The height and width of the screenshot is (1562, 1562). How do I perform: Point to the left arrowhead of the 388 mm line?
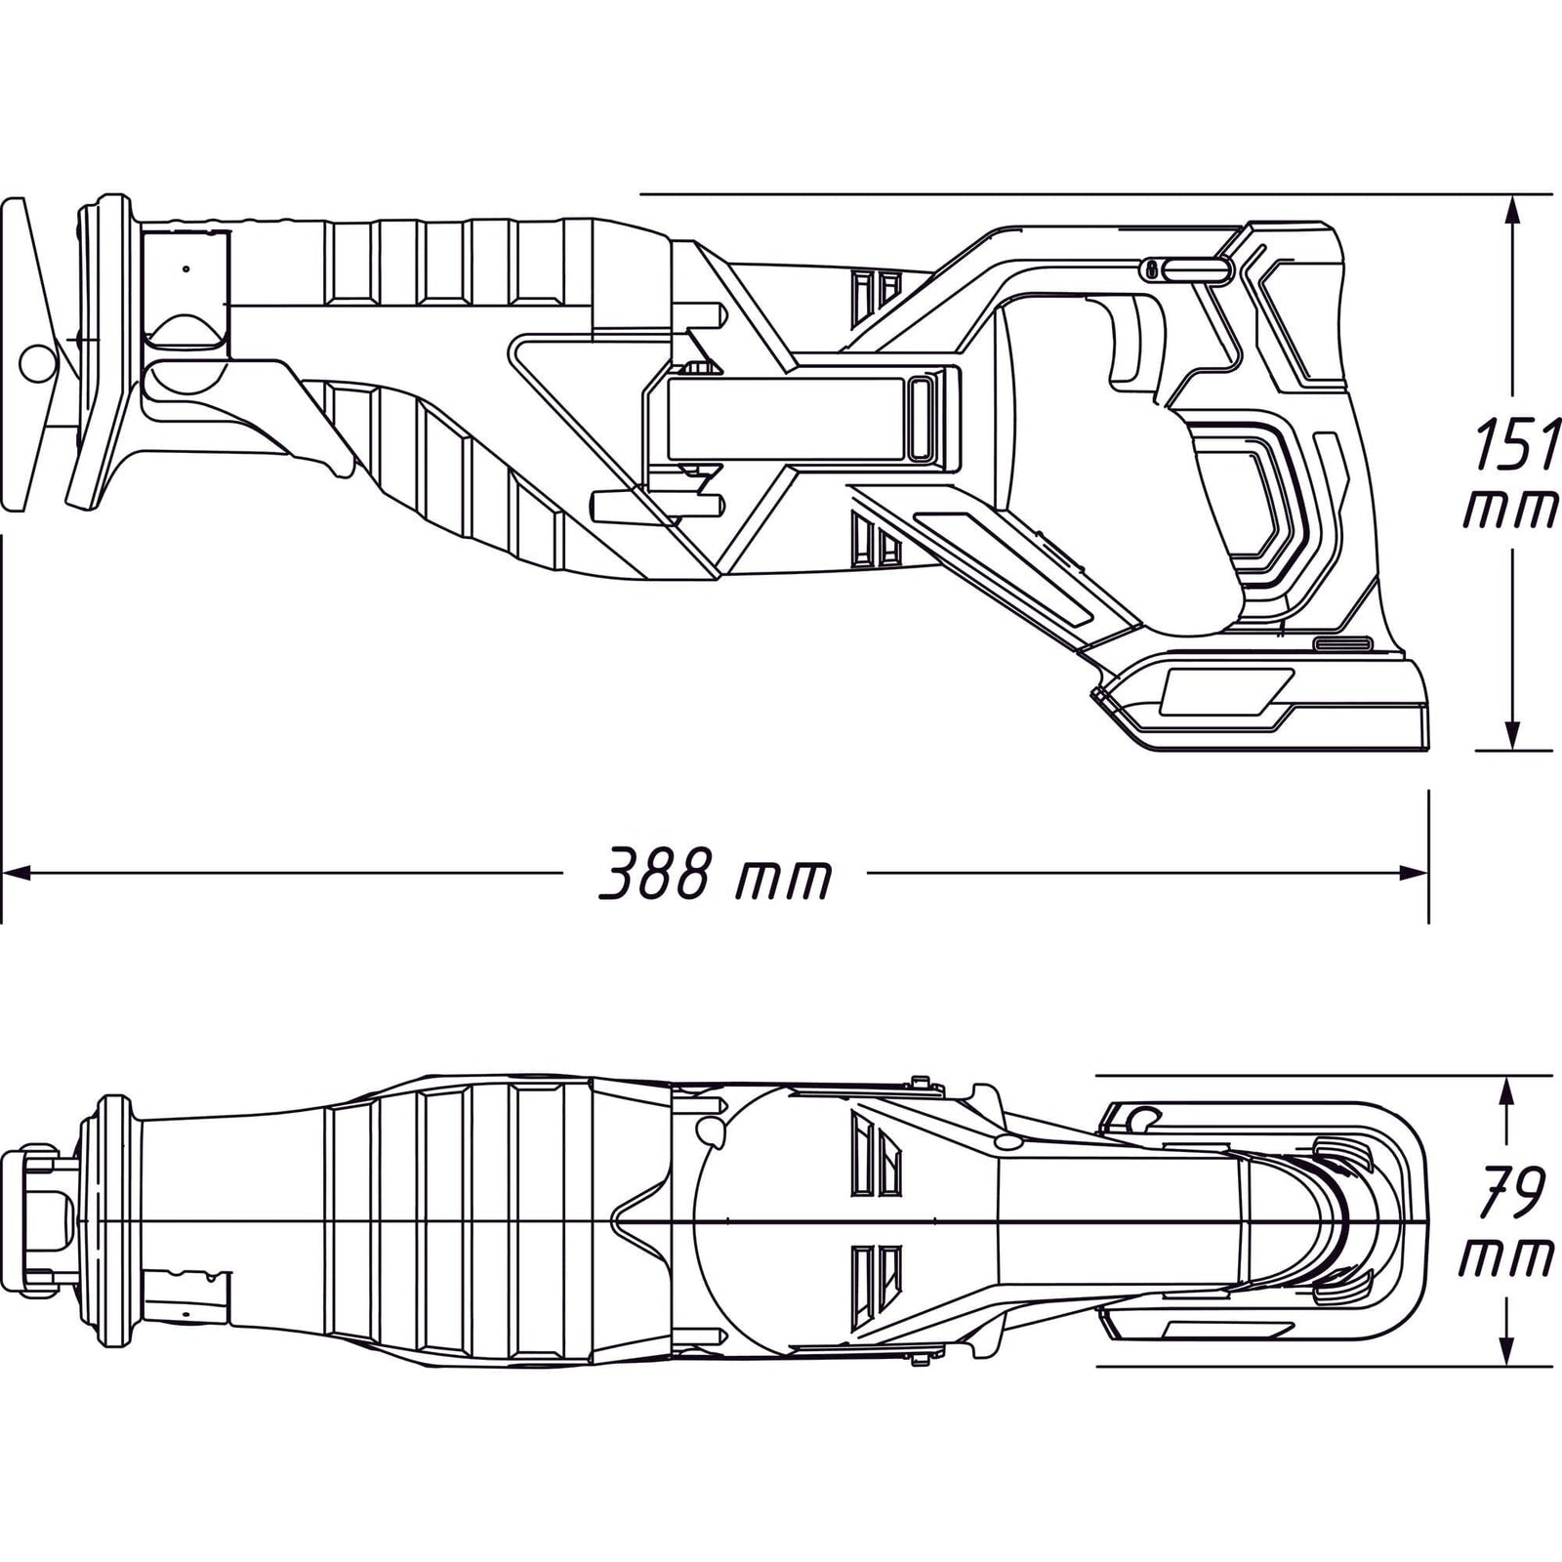coord(20,872)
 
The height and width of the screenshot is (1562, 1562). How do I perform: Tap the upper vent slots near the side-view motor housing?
coord(875,292)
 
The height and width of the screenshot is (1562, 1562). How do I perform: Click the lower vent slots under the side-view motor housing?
coord(875,540)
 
